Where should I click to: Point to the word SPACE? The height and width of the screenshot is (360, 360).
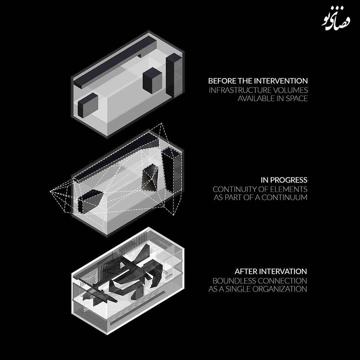[x=297, y=98]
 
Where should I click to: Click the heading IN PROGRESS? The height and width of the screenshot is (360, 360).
[x=284, y=180]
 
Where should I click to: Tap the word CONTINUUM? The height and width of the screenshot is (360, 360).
[x=284, y=197]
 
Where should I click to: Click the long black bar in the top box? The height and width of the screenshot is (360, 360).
[x=115, y=62]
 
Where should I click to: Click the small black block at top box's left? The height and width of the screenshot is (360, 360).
[x=88, y=105]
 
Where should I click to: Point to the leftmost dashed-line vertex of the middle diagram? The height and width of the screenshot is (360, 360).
[x=50, y=191]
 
